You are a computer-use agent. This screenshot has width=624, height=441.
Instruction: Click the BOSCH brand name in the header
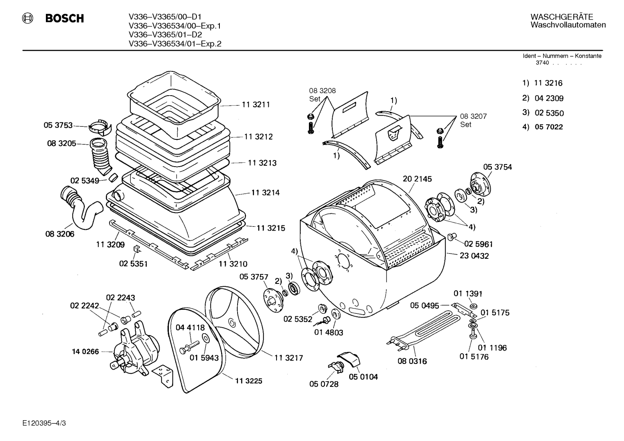64,18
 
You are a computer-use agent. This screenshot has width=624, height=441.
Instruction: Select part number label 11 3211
256,105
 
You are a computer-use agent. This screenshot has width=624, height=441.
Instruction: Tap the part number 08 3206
60,234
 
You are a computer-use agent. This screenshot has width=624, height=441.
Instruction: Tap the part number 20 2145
417,179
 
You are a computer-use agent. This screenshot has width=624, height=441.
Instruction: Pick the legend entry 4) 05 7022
543,127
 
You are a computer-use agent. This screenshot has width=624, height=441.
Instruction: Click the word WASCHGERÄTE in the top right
562,17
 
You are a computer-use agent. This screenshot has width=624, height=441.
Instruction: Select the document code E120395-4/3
44,423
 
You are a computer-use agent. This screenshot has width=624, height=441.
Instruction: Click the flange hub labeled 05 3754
480,184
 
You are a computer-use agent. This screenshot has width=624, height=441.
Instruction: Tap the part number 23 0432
474,256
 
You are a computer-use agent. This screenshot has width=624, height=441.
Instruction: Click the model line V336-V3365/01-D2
165,35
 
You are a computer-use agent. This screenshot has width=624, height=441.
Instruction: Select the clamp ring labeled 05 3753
100,128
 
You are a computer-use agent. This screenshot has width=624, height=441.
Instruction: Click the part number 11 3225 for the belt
248,381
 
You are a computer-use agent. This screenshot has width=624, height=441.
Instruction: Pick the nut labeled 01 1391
473,306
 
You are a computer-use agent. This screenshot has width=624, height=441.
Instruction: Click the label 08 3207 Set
473,120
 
